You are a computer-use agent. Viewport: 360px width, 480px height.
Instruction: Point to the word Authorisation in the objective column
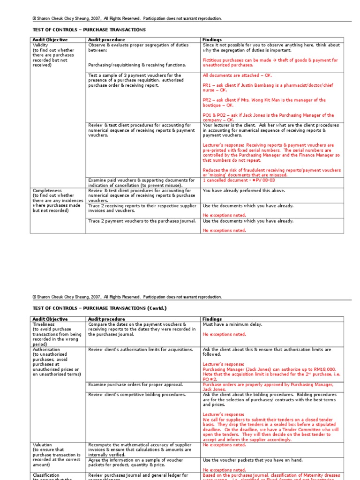click(x=46, y=350)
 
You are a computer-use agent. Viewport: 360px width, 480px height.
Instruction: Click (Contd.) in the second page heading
click(x=157, y=308)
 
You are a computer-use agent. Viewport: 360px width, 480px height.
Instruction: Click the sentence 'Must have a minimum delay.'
click(x=232, y=324)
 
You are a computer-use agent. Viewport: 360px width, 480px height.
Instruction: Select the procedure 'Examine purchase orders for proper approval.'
click(x=135, y=384)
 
